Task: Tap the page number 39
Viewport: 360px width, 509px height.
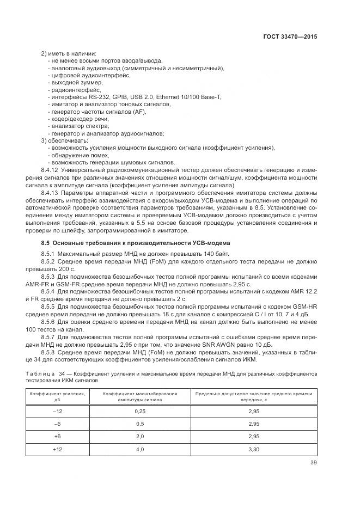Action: point(312,463)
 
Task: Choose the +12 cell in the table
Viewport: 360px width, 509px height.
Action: point(57,449)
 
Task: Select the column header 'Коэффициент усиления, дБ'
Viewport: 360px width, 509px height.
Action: point(57,396)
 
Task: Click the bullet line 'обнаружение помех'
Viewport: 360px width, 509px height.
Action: point(78,156)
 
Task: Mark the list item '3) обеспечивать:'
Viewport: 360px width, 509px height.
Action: point(60,141)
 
